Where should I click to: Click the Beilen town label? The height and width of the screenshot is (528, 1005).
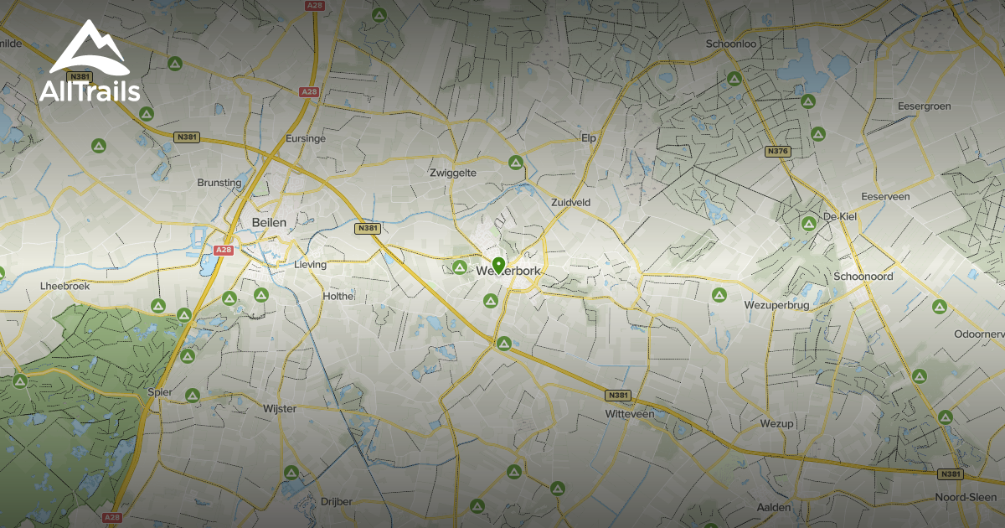coord(269,222)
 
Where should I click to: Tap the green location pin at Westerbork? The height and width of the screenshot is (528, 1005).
coord(498,266)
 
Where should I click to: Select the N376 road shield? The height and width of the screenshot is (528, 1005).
coord(777,152)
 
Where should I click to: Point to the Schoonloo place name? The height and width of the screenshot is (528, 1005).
coord(731,44)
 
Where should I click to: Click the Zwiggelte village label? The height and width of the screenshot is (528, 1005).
coord(452,173)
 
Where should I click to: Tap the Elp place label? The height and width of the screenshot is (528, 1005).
coord(588,137)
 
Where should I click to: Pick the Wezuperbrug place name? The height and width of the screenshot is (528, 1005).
coord(779,305)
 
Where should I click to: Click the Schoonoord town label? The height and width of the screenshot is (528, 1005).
coord(863,277)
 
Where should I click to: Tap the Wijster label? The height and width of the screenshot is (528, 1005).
coord(280,408)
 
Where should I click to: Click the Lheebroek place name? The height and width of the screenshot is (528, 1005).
coord(64,286)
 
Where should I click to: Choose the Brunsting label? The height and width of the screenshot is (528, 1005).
coord(219,183)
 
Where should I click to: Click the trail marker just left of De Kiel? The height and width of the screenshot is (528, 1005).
coord(808,224)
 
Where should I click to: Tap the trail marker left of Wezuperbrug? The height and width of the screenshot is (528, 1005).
coord(719,295)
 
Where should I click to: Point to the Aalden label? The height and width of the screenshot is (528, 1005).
coord(773,508)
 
